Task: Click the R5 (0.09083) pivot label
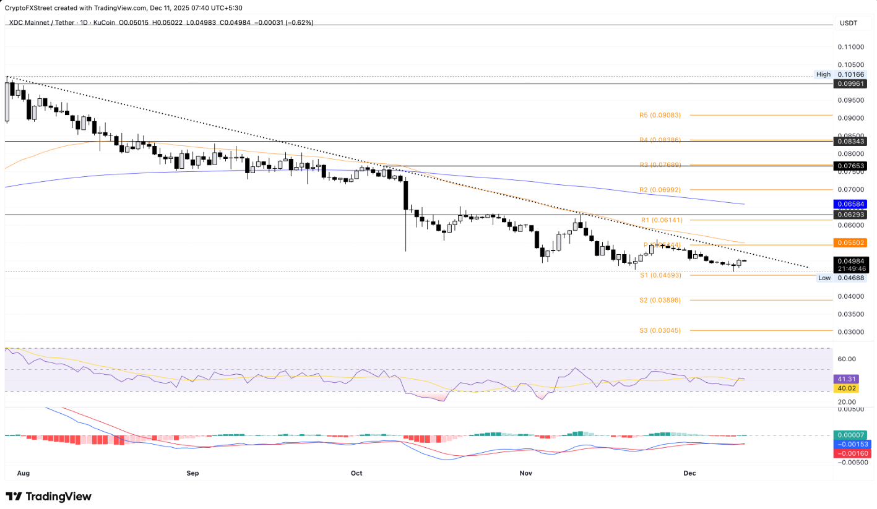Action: (660, 115)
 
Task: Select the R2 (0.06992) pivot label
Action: (660, 189)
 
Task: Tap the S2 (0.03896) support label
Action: (660, 300)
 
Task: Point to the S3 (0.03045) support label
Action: (660, 330)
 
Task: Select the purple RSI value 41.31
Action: (845, 379)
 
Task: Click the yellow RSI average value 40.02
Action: (845, 388)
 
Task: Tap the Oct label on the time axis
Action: (356, 473)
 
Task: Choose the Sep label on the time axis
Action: (192, 473)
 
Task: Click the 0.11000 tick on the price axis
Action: (852, 47)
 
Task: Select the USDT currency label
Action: (848, 23)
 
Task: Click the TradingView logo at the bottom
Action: (48, 497)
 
